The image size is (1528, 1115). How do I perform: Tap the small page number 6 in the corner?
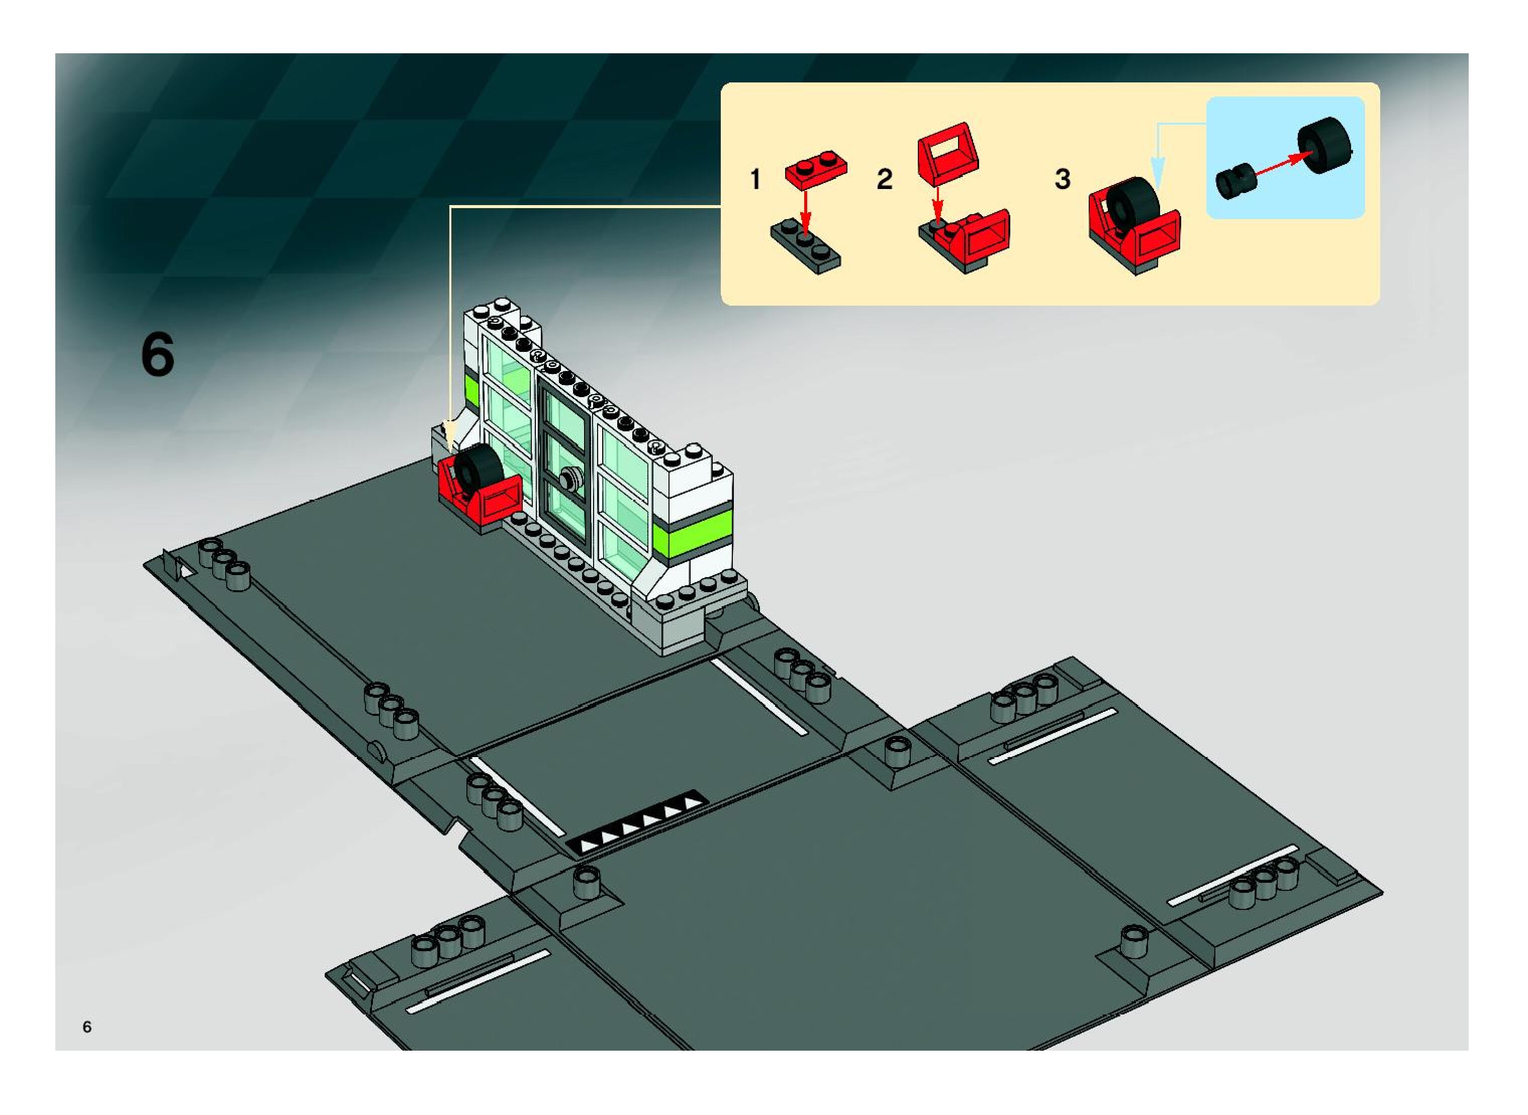click(87, 1027)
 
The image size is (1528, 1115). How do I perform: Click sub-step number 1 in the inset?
click(755, 179)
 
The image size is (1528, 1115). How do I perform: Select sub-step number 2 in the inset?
click(884, 179)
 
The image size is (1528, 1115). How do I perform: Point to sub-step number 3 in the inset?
click(1062, 179)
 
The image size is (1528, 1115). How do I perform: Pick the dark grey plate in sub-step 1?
click(806, 247)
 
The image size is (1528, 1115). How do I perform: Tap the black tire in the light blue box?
click(1324, 144)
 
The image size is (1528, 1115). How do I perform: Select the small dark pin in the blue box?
click(1234, 181)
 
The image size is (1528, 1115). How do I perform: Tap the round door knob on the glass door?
click(569, 478)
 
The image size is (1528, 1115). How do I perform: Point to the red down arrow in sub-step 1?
click(805, 206)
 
